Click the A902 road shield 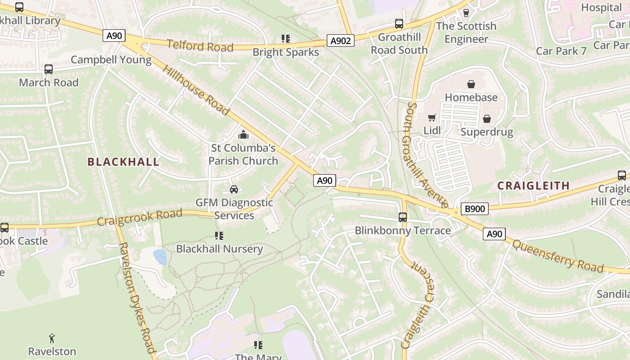coord(340,41)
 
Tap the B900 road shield coord(474,209)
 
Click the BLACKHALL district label coord(123,162)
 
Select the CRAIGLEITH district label coord(534,185)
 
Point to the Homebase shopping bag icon coord(471,84)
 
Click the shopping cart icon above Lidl coord(432,118)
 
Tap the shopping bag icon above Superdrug coord(486,119)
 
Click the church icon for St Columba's coord(243,135)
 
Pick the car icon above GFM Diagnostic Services coord(234,189)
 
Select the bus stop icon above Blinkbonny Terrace coord(403,217)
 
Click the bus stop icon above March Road coord(49,69)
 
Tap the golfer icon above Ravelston coord(52,338)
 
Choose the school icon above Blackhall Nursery coord(219,236)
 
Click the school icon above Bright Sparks coord(285,39)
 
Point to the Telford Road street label coord(200,46)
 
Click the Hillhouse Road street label coord(196,90)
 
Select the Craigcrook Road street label coord(139,217)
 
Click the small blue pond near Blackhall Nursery coord(160,257)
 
